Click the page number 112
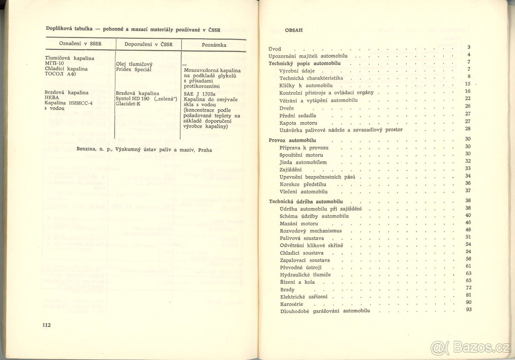47,325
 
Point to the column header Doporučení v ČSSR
148,45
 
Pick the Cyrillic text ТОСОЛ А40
60,74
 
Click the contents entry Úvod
275,49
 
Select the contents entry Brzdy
288,290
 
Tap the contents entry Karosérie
291,304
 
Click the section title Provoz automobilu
292,140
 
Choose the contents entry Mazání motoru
299,224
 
